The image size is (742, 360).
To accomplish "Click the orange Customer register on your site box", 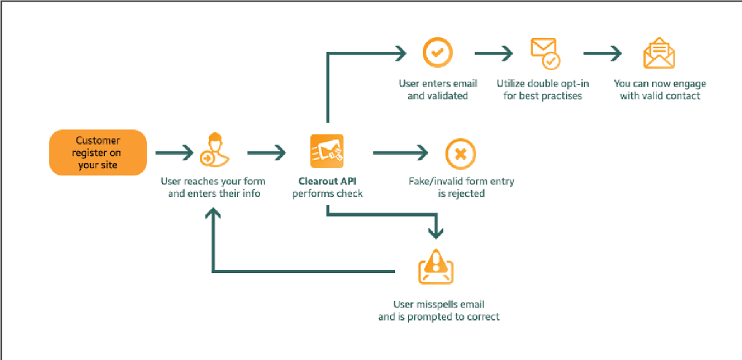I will click(x=98, y=153).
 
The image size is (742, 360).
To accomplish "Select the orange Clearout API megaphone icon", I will click(x=327, y=152).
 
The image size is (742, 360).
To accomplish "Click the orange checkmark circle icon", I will click(x=437, y=53).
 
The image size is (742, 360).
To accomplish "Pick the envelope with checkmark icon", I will click(x=544, y=53).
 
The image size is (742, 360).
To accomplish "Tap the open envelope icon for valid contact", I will click(x=659, y=53).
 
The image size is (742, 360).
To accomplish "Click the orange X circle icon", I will click(x=461, y=153).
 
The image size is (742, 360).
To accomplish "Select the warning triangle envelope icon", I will click(x=436, y=266).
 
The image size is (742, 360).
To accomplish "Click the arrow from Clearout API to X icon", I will click(x=400, y=153).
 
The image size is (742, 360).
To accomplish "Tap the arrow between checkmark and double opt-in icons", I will click(x=494, y=53).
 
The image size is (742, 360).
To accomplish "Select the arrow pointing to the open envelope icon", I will click(x=603, y=53).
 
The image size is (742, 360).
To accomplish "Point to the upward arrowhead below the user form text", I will click(x=213, y=212).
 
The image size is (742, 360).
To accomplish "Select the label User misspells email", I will click(x=438, y=305).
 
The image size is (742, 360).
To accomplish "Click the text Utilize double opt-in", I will click(x=543, y=83).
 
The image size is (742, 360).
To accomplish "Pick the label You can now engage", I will click(x=659, y=83).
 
